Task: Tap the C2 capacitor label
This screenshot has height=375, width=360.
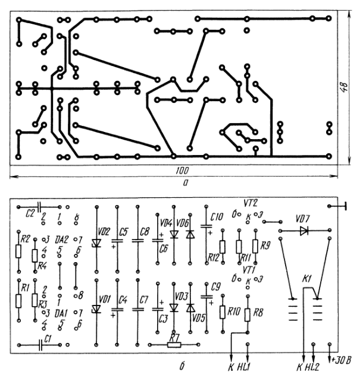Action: (x=32, y=212)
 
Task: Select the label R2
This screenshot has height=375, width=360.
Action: (x=25, y=238)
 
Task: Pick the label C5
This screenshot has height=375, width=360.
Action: (x=124, y=231)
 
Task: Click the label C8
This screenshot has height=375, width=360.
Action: (x=145, y=231)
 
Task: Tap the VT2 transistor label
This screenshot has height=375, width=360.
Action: (x=251, y=202)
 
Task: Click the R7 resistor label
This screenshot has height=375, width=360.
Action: (x=174, y=338)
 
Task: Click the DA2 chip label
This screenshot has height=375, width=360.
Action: (x=61, y=239)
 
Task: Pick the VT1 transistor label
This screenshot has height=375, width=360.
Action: (x=251, y=269)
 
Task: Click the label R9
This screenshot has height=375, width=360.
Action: (x=265, y=245)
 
